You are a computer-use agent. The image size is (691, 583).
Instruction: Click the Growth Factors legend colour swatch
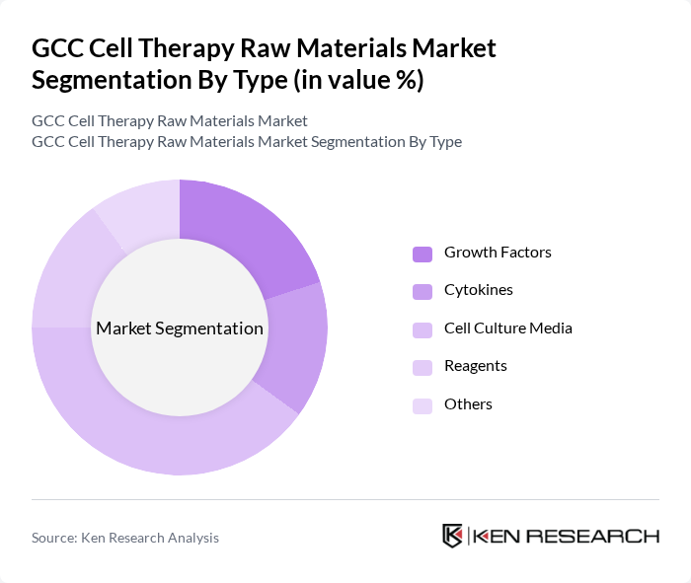pyautogui.click(x=422, y=254)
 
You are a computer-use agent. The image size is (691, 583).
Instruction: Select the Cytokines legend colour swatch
pyautogui.click(x=422, y=291)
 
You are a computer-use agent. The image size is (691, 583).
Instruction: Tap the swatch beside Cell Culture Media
pyautogui.click(x=422, y=329)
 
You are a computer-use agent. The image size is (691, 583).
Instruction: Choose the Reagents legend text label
pyautogui.click(x=475, y=366)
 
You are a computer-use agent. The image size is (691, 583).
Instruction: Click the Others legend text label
pyautogui.click(x=468, y=404)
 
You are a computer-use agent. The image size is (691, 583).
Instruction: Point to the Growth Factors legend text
pyautogui.click(x=498, y=253)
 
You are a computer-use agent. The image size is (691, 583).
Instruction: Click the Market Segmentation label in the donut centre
pyautogui.click(x=180, y=328)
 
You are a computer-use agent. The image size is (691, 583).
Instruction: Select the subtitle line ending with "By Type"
pyautogui.click(x=247, y=141)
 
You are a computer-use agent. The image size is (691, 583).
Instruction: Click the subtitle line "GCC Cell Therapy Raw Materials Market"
pyautogui.click(x=170, y=120)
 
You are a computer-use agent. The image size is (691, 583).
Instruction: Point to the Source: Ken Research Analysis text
pyautogui.click(x=125, y=538)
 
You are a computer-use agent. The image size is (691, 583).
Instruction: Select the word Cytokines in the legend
pyautogui.click(x=478, y=290)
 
